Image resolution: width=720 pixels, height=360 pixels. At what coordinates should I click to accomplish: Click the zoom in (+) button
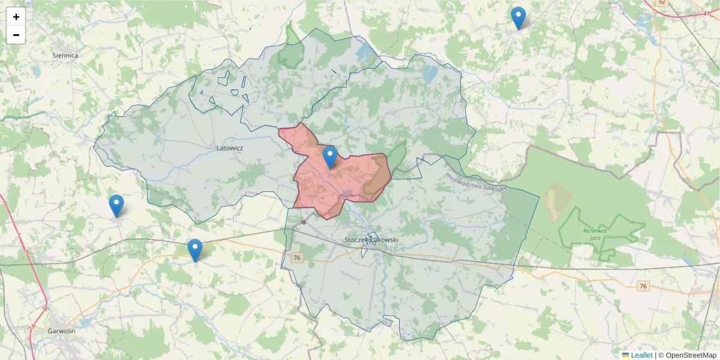tap(16, 17)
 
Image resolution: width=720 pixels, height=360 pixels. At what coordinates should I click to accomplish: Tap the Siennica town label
tap(65, 55)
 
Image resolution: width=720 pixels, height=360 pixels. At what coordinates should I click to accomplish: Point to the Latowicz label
tap(229, 146)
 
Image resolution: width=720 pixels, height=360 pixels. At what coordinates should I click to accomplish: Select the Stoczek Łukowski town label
tap(371, 240)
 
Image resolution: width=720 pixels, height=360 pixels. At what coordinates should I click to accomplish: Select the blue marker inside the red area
tap(329, 157)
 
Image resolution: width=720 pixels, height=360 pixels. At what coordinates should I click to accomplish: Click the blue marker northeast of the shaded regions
tap(518, 18)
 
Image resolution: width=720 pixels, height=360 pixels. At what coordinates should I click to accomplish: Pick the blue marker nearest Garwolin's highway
tap(116, 206)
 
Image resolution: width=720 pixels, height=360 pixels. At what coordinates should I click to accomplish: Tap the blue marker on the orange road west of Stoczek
tap(195, 250)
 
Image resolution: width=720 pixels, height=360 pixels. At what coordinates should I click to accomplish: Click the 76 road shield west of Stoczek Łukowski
tap(296, 257)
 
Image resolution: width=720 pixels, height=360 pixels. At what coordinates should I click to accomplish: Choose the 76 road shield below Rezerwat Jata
tap(643, 286)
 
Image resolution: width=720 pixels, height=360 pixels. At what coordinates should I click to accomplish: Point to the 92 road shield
tap(661, 2)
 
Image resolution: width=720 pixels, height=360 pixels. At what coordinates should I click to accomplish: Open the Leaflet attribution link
tap(641, 355)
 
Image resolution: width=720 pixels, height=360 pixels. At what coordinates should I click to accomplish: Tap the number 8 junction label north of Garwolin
tap(45, 309)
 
